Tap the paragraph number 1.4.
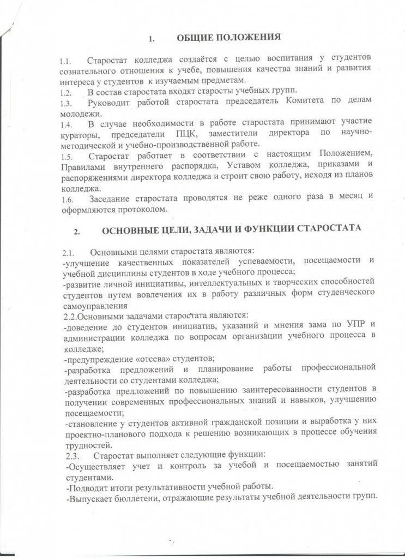[66, 126]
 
